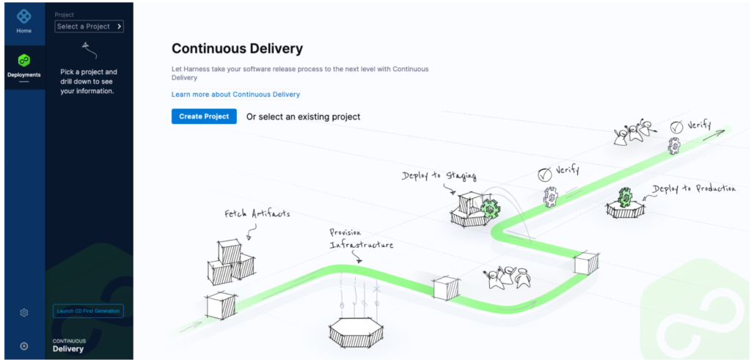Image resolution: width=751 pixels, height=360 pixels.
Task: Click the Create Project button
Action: pos(204,117)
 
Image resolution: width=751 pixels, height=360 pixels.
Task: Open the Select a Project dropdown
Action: pos(89,26)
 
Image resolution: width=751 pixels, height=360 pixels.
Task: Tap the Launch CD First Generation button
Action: pos(88,311)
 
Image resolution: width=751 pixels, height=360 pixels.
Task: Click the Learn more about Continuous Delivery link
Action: pos(235,95)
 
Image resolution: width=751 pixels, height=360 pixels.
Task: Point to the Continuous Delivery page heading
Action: pos(237,49)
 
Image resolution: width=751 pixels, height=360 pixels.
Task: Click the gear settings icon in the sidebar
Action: pos(24,313)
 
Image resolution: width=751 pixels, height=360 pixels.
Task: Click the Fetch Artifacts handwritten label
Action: pos(257,214)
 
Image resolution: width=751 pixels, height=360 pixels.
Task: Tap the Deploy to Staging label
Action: pos(439,176)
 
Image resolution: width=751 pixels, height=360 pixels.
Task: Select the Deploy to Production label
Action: pos(693,189)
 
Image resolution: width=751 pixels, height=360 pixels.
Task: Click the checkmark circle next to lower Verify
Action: pos(544,175)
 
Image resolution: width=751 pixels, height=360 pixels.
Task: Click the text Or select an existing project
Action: pos(303,117)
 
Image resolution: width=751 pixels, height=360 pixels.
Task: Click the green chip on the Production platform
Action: pos(625,197)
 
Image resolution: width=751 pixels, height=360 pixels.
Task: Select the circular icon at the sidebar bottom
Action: pos(24,346)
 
